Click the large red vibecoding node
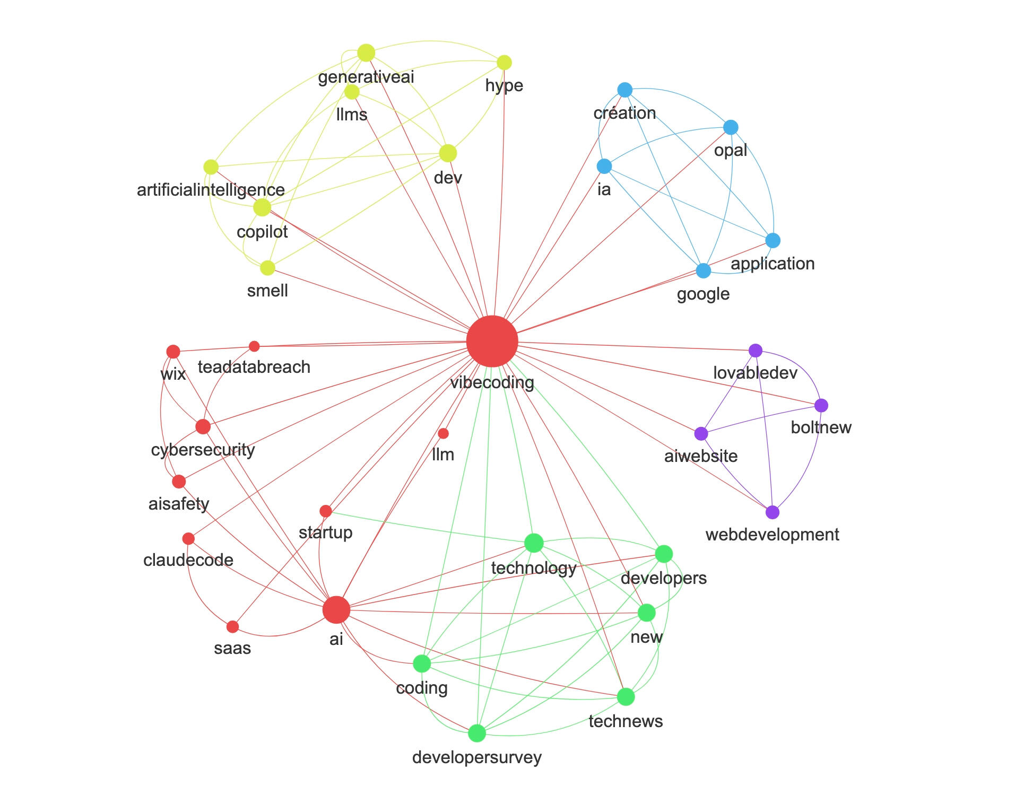[492, 342]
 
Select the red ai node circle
[336, 610]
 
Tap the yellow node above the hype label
[504, 63]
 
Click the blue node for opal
[731, 127]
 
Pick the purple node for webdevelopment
[773, 512]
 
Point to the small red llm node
[444, 434]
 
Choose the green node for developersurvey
[477, 733]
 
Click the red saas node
[232, 627]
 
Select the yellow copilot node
[262, 207]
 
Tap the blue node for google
[703, 270]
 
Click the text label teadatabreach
[254, 367]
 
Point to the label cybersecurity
[203, 450]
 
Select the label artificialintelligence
[211, 190]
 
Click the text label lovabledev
[755, 373]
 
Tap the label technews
[626, 721]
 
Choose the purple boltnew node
[821, 406]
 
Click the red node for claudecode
[188, 539]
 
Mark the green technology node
[534, 543]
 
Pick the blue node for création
[625, 90]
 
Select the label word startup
[325, 532]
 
